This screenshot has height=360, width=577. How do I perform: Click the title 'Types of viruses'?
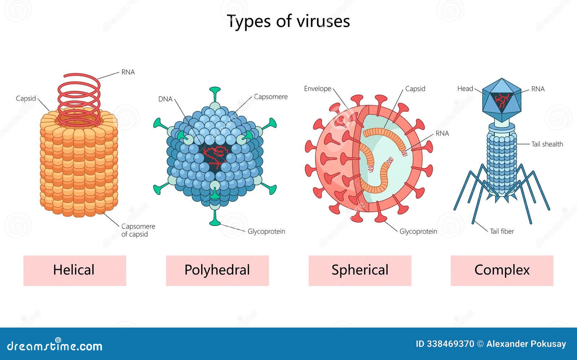point(288,21)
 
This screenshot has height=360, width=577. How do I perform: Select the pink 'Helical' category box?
point(75,270)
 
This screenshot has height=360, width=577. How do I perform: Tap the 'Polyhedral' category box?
point(217,270)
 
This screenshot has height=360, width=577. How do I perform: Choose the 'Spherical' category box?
point(360,270)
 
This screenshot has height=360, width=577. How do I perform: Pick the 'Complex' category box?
point(502,270)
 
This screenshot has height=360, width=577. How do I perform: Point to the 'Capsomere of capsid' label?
point(138,230)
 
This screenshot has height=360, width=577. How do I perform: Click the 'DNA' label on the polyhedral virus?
point(165,99)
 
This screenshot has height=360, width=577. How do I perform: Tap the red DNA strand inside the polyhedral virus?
point(215,157)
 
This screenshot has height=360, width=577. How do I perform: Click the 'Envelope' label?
point(317,89)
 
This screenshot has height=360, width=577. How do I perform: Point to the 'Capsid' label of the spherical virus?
point(415,89)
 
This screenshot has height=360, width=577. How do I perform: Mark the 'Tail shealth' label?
point(547,144)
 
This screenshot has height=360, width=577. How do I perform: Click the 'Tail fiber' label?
point(502,231)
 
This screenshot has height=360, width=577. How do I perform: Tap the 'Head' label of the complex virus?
point(465,89)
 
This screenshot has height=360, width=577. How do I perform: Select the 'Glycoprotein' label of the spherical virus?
point(418,231)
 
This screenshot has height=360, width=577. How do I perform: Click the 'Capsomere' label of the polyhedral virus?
point(270,97)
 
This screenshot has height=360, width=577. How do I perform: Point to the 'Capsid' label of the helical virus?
point(26,98)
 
